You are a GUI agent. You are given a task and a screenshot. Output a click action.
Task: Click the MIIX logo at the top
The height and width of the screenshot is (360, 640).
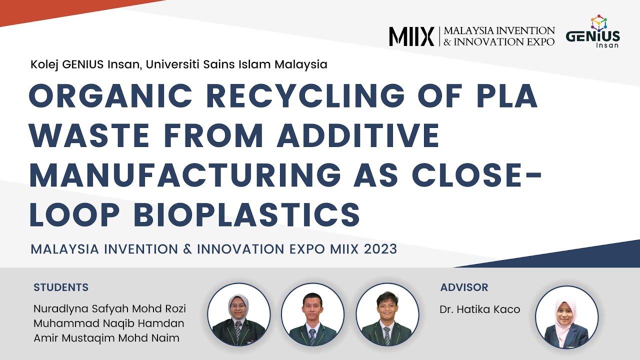[x=411, y=36]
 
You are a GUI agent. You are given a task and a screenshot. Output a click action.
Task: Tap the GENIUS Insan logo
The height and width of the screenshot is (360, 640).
[x=592, y=32]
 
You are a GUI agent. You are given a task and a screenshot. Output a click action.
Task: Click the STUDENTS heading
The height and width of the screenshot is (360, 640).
[x=61, y=287]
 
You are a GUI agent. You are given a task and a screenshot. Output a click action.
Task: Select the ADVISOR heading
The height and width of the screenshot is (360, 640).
[x=464, y=287]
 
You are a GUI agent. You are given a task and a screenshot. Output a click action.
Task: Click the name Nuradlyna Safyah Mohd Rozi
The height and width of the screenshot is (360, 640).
[x=109, y=308]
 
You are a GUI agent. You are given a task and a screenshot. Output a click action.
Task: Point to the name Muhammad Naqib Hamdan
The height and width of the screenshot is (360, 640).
[x=108, y=323]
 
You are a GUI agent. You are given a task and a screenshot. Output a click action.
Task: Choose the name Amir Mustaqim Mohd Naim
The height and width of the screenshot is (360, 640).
[x=106, y=338]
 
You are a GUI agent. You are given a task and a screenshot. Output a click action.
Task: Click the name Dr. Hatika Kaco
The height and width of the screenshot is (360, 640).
[x=480, y=309]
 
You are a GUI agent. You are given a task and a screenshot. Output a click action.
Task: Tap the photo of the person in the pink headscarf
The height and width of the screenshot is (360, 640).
[x=566, y=317]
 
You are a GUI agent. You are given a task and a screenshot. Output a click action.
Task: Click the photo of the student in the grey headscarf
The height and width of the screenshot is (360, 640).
[x=239, y=314]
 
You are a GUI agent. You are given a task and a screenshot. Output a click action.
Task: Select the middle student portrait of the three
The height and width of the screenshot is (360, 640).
[x=312, y=314]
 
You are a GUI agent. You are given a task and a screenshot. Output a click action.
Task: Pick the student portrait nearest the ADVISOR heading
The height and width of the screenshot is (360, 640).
[x=387, y=314]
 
